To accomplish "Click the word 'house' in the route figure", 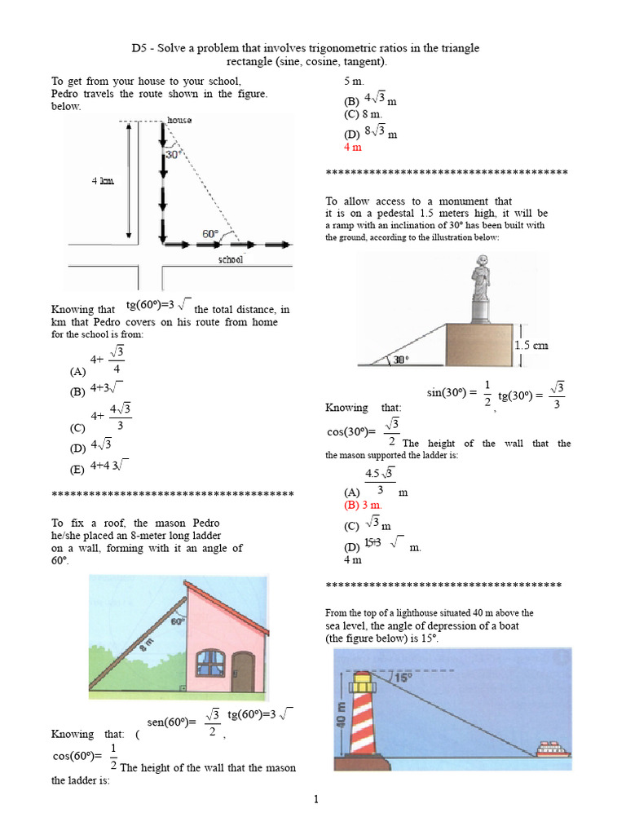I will pyautogui.click(x=179, y=121).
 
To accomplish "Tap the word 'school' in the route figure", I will pyautogui.click(x=231, y=260).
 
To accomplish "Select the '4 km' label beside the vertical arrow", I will pyautogui.click(x=102, y=181).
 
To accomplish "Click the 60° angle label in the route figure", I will pyautogui.click(x=211, y=233).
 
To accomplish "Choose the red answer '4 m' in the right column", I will pyautogui.click(x=353, y=148).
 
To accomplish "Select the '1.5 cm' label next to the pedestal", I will pyautogui.click(x=531, y=345).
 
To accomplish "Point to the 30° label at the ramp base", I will pyautogui.click(x=401, y=359).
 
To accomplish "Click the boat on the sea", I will pyautogui.click(x=553, y=749).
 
